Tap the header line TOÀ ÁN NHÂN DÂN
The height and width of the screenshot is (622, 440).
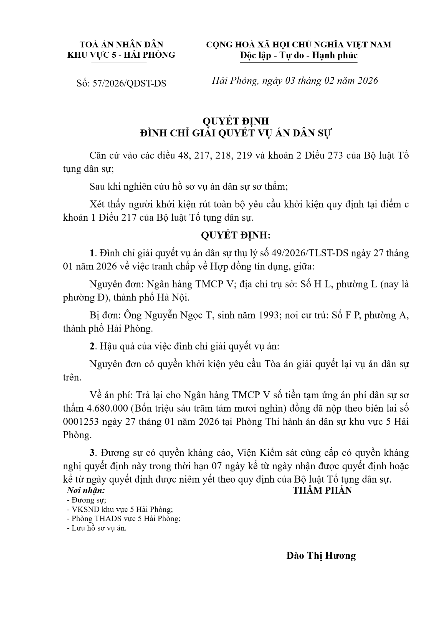click(122, 44)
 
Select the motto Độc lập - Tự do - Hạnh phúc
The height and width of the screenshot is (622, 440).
click(299, 55)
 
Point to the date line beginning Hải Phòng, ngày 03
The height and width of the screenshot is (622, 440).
click(295, 81)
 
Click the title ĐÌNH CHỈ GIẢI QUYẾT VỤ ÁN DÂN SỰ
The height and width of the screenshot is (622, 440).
click(236, 133)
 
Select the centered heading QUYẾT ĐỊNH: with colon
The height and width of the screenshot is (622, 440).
click(236, 235)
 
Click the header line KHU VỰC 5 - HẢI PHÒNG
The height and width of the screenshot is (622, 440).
click(122, 55)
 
